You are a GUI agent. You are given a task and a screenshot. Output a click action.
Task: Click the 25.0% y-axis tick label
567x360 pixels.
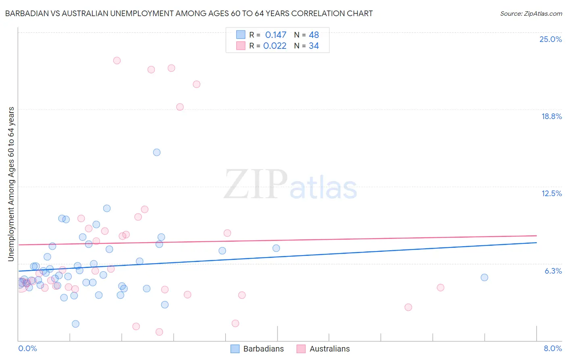(550, 39)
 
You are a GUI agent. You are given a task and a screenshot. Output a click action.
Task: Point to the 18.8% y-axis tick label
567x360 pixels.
(551, 116)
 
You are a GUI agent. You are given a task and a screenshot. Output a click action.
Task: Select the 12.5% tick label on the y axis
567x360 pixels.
(551, 193)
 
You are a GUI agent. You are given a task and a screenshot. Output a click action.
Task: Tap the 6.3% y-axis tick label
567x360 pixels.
(553, 271)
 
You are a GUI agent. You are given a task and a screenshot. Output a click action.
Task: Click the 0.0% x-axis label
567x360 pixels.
(27, 348)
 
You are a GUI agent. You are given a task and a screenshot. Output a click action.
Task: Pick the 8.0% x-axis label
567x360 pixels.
(552, 348)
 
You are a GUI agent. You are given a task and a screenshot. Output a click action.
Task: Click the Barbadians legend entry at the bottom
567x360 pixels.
(257, 349)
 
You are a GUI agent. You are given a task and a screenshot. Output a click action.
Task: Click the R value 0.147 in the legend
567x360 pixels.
(275, 35)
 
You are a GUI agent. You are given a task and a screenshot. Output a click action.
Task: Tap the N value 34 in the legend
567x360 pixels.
(314, 46)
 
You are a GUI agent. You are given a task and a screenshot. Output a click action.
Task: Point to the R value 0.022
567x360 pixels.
(275, 46)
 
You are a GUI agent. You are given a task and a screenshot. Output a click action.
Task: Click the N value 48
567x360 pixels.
(314, 35)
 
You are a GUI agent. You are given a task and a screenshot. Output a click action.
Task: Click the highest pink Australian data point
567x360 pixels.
(117, 61)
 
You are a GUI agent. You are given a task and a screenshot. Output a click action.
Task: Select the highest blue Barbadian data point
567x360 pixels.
(157, 152)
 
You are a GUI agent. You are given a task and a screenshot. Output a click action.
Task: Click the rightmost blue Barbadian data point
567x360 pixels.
(484, 277)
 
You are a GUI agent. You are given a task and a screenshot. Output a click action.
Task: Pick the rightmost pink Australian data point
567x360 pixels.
(440, 287)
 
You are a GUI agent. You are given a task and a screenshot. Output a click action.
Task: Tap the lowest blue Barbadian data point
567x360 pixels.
(75, 324)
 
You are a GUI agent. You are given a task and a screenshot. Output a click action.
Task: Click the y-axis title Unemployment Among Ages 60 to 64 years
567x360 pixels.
(11, 184)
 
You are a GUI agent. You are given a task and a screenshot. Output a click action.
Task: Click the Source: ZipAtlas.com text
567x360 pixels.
(531, 14)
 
